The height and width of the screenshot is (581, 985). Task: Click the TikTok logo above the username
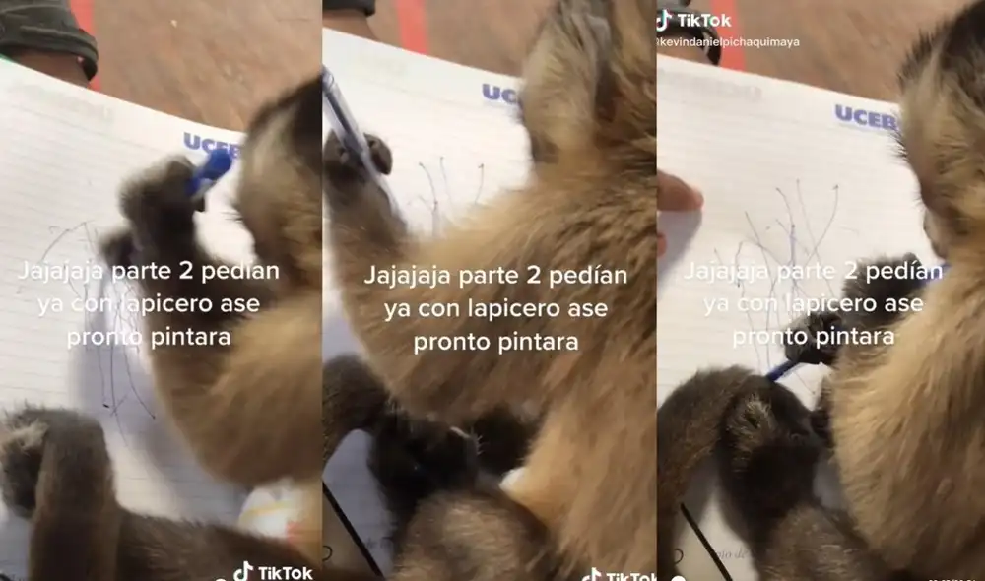tap(693, 20)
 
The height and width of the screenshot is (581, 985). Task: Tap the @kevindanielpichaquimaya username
tap(728, 42)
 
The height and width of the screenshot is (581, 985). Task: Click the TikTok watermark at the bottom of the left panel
tap(273, 572)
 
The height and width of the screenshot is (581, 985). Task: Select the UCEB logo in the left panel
tap(210, 144)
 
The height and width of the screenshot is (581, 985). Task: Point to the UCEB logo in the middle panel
tap(499, 95)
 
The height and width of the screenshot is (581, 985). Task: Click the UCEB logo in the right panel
tap(865, 118)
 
